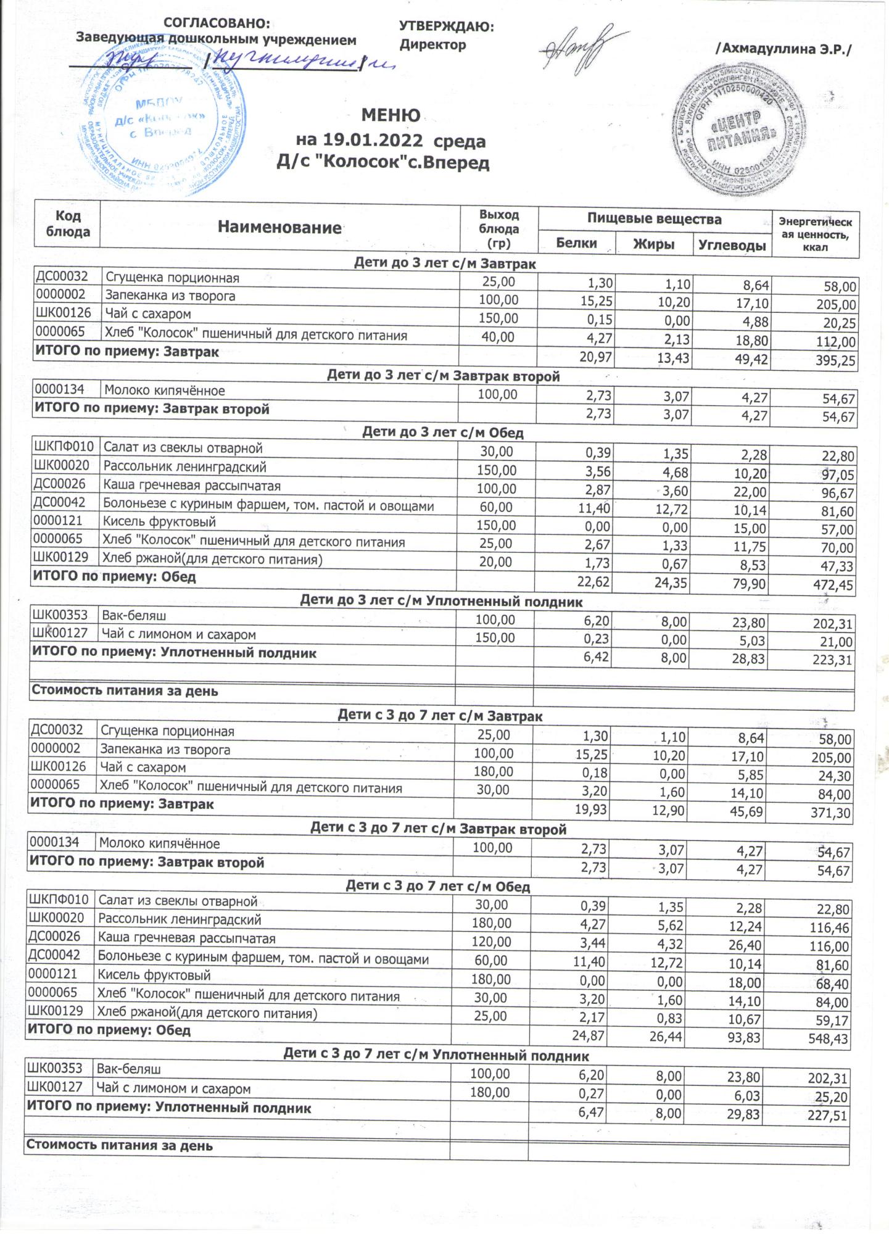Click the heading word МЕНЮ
pos(391,115)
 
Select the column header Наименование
pos(279,228)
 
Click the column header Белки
pos(576,242)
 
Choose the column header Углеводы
pos(732,244)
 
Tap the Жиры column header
pos(654,244)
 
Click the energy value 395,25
pos(832,361)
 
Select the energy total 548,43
pos(826,1038)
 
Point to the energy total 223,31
pos(830,661)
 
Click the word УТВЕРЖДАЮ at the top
pos(447,26)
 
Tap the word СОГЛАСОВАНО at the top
pos(217,23)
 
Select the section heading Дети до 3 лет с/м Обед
pos(442,433)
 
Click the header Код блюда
pos(68,223)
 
